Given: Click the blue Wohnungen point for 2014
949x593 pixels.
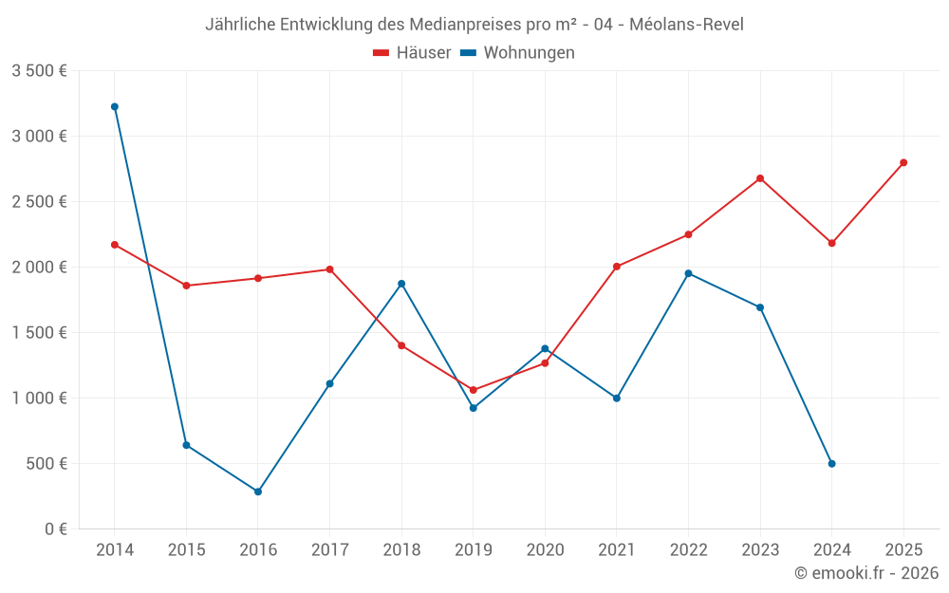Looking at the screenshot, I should tap(115, 107).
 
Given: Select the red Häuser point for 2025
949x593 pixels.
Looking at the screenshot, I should tap(903, 162).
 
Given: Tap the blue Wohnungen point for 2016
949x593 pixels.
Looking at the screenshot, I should tap(258, 491).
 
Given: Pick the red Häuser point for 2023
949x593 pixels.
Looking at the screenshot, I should tap(760, 178).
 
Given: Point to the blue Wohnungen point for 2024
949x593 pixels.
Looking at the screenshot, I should tap(832, 464).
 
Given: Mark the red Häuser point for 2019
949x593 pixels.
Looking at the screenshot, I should tap(474, 390).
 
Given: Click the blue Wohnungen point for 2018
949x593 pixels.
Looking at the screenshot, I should tap(401, 284).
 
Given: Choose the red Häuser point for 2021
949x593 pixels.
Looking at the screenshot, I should tap(617, 267).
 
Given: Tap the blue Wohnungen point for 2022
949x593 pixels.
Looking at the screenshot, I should tap(689, 273).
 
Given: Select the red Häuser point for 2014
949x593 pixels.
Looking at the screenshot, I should tap(115, 245).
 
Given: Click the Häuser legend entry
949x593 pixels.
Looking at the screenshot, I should tap(412, 53).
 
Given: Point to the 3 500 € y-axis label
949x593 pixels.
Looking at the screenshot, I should tap(39, 71).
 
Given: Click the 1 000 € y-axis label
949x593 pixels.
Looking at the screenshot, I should tap(39, 398).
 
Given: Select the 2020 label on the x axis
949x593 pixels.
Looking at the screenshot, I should tap(545, 550).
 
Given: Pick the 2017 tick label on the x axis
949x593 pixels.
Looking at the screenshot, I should tap(329, 550).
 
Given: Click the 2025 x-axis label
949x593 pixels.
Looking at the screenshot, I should tap(903, 550).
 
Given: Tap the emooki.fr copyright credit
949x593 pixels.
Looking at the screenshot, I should tap(866, 573).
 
